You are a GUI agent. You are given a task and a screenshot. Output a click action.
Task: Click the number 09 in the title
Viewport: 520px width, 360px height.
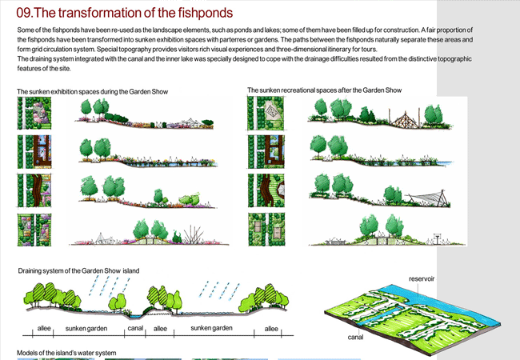[26, 14]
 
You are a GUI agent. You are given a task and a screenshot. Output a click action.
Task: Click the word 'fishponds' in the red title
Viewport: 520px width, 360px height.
[206, 14]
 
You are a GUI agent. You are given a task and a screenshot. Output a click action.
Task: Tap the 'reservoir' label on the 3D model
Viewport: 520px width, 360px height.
[421, 279]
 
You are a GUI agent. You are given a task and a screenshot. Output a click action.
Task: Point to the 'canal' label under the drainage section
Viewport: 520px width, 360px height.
[135, 329]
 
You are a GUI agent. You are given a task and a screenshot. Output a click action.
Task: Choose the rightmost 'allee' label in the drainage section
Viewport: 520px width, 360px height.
[271, 329]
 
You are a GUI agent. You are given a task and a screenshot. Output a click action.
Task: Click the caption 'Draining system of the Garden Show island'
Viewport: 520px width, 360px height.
[78, 271]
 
